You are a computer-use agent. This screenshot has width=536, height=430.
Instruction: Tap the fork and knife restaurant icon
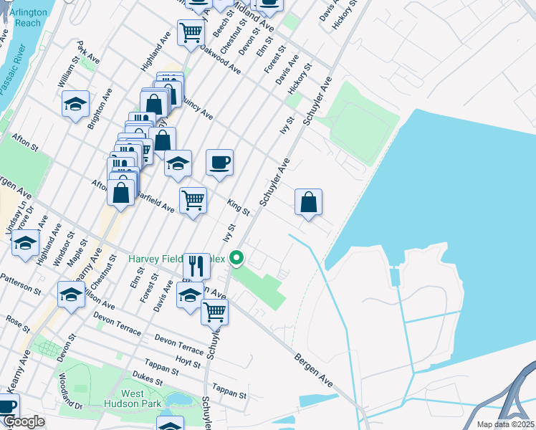pyautogui.click(x=196, y=265)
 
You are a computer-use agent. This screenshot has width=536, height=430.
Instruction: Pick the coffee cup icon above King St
pyautogui.click(x=219, y=161)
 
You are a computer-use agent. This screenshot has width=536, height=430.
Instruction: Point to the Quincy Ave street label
pyautogui.click(x=198, y=107)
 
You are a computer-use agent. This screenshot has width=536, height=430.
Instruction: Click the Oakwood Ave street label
pyautogui.click(x=220, y=57)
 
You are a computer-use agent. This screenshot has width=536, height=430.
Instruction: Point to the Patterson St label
pyautogui.click(x=21, y=285)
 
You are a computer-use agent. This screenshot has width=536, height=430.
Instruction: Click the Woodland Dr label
pyautogui.click(x=71, y=401)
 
